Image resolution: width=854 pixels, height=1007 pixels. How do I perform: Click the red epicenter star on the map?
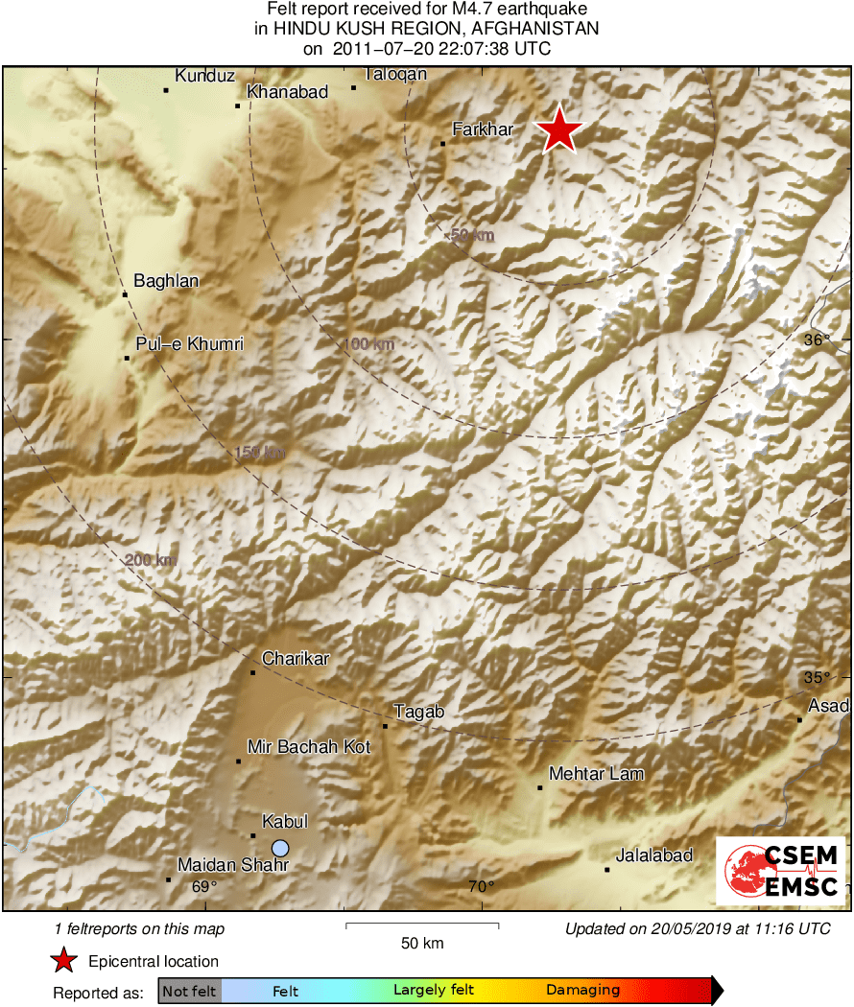[558, 129]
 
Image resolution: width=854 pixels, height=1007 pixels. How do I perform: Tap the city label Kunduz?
[205, 76]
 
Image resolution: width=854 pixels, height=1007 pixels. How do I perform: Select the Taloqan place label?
[395, 74]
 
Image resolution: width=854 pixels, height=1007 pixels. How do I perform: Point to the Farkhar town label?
[484, 129]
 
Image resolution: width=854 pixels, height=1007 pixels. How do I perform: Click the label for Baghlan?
[166, 281]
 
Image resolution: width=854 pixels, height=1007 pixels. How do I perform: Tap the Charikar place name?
[296, 658]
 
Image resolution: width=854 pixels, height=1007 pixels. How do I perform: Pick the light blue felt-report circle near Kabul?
[280, 848]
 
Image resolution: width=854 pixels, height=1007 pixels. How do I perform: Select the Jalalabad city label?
[653, 855]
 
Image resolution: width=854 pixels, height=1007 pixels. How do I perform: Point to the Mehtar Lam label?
[596, 773]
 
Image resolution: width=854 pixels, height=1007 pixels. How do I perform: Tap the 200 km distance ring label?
[150, 560]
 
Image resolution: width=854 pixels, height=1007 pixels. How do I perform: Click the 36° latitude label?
[817, 340]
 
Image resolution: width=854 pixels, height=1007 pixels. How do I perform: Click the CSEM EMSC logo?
[780, 870]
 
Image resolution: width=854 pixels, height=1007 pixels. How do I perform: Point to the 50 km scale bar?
[421, 925]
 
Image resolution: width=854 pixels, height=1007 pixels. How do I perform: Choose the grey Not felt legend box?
[189, 991]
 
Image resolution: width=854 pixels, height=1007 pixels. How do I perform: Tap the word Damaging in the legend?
[582, 991]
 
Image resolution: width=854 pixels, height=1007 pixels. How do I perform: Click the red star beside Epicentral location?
[64, 961]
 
